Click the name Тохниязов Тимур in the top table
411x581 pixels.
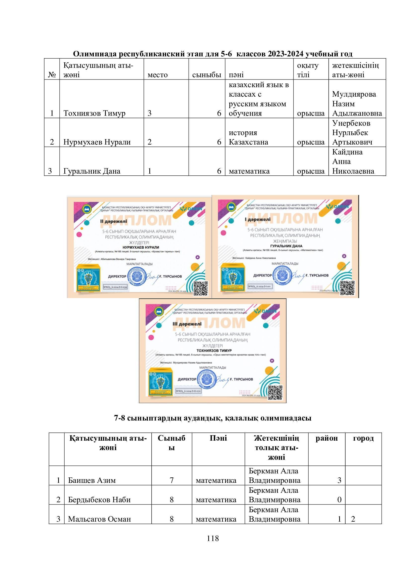(94, 113)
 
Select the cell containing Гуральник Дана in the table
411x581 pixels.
(92, 171)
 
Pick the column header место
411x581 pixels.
(157, 75)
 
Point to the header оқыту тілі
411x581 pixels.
(308, 70)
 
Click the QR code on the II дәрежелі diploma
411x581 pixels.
(201, 288)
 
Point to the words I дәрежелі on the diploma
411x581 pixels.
(257, 219)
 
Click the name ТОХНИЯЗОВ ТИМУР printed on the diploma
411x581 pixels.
(214, 351)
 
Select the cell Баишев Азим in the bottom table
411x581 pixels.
(92, 480)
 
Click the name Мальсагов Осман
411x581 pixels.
(99, 519)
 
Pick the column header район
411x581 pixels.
(327, 438)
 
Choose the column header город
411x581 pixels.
(363, 438)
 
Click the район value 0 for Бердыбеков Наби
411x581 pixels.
(339, 500)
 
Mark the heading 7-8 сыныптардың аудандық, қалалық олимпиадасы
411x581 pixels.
(213, 418)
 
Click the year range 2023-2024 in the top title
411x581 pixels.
(286, 54)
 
